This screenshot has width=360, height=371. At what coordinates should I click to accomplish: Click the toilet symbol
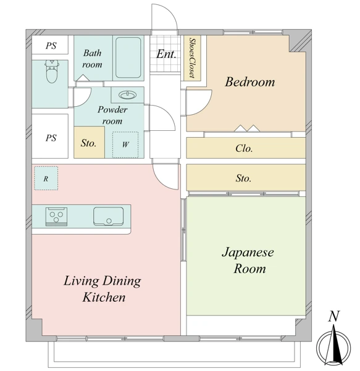[x=52, y=71]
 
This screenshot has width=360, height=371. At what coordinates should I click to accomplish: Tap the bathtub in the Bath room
[x=128, y=57]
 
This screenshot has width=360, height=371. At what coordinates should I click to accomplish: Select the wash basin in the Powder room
[x=128, y=95]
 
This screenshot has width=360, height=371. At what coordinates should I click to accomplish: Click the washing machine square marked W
[x=125, y=144]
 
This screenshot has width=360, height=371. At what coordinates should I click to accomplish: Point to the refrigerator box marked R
[x=46, y=178]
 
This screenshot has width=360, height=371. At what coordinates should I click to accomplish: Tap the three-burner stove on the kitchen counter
[x=56, y=217]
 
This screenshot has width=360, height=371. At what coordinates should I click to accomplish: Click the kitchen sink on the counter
[x=109, y=216]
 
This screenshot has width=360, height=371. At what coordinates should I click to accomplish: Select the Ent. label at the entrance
[x=166, y=54]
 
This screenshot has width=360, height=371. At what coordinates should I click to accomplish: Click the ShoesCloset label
[x=192, y=58]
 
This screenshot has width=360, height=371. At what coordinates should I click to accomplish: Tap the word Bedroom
[x=250, y=82]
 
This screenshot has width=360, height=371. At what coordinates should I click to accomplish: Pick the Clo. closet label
[x=244, y=148]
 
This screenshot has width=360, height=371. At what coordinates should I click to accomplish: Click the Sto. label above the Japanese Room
[x=243, y=178]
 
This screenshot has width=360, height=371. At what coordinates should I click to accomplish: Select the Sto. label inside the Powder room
[x=88, y=143]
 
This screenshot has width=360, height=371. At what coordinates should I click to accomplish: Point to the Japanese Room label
[x=248, y=261]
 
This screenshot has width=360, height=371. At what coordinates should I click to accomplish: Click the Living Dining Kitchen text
[x=103, y=289]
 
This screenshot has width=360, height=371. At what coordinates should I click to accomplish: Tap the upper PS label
[x=51, y=46]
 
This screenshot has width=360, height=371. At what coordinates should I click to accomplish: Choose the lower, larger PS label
[x=51, y=138]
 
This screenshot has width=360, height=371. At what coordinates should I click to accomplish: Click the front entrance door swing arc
[x=170, y=12]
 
